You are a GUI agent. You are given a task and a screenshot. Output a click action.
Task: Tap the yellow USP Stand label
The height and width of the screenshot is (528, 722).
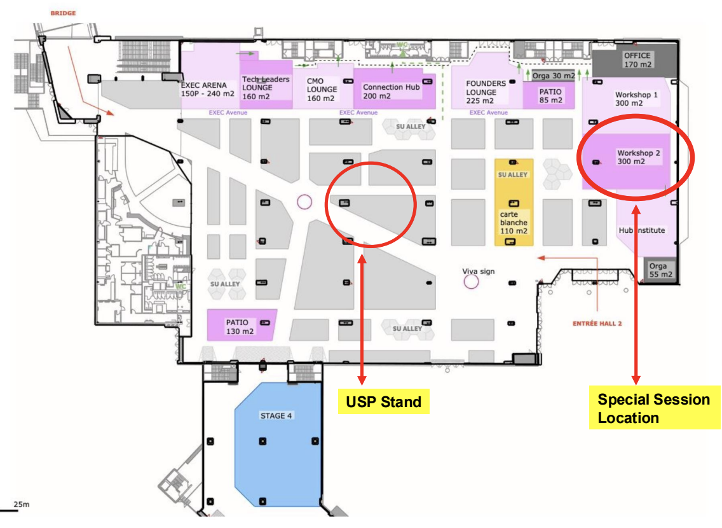[383, 401]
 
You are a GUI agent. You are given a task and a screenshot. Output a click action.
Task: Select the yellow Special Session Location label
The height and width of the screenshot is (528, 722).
[653, 408]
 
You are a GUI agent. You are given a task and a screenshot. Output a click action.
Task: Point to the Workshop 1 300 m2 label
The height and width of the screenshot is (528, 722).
[636, 99]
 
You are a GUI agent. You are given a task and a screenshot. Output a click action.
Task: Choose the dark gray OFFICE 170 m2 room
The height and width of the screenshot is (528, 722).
[637, 60]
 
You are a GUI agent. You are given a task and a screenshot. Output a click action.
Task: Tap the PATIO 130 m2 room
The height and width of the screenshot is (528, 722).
[240, 326]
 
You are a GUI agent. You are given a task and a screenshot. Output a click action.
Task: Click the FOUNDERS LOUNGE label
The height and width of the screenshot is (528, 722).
[486, 92]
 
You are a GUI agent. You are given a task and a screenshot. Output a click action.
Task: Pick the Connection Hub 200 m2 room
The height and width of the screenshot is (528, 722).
[391, 91]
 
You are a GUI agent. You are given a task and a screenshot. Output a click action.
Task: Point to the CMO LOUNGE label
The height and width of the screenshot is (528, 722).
[321, 89]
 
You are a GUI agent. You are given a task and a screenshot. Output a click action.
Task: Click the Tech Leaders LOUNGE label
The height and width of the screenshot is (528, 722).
[265, 88]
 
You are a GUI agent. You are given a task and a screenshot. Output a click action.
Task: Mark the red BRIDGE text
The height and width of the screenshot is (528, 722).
[64, 12]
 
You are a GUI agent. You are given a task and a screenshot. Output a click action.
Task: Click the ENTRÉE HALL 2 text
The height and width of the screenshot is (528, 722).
[597, 324]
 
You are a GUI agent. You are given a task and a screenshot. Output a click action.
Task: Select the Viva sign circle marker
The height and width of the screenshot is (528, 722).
[471, 281]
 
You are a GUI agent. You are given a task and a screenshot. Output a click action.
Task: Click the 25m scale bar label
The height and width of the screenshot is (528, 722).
[21, 504]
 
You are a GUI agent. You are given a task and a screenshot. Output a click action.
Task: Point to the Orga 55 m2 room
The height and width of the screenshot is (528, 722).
[658, 270]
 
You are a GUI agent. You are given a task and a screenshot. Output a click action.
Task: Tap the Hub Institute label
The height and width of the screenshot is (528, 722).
[641, 230]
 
